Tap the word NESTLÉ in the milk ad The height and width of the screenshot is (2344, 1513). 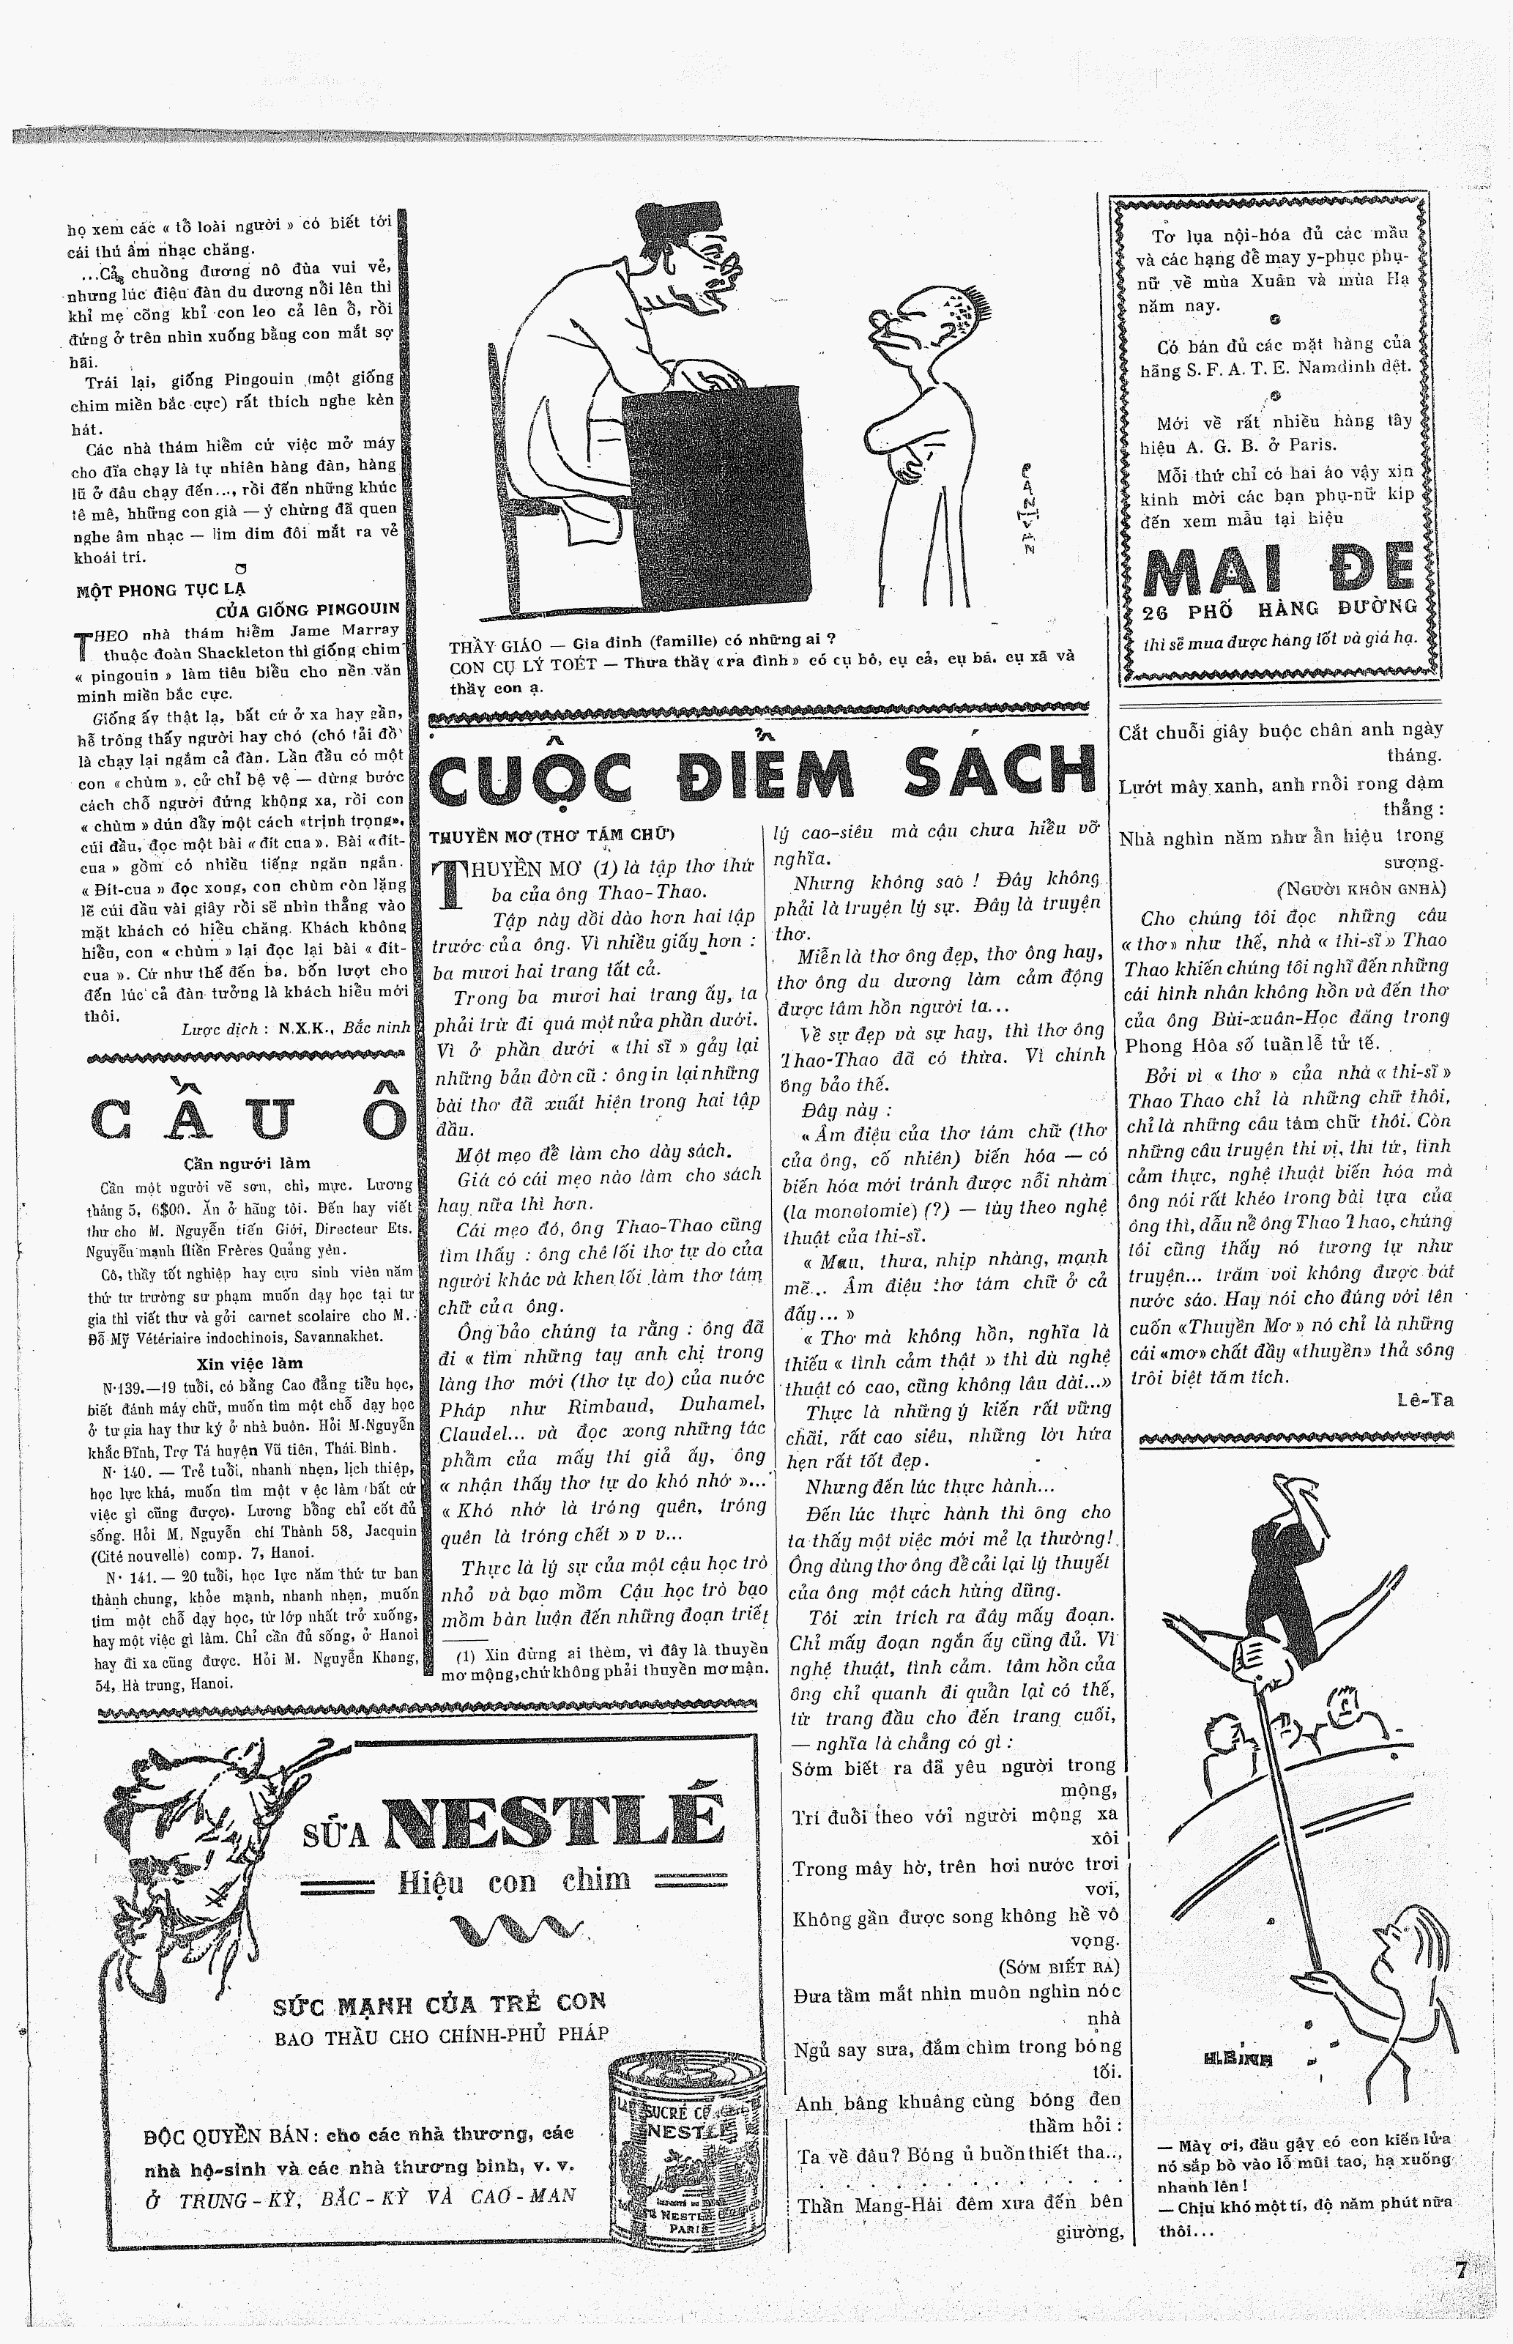coord(553,1823)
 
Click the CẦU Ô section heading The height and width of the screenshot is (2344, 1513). coord(248,1117)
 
